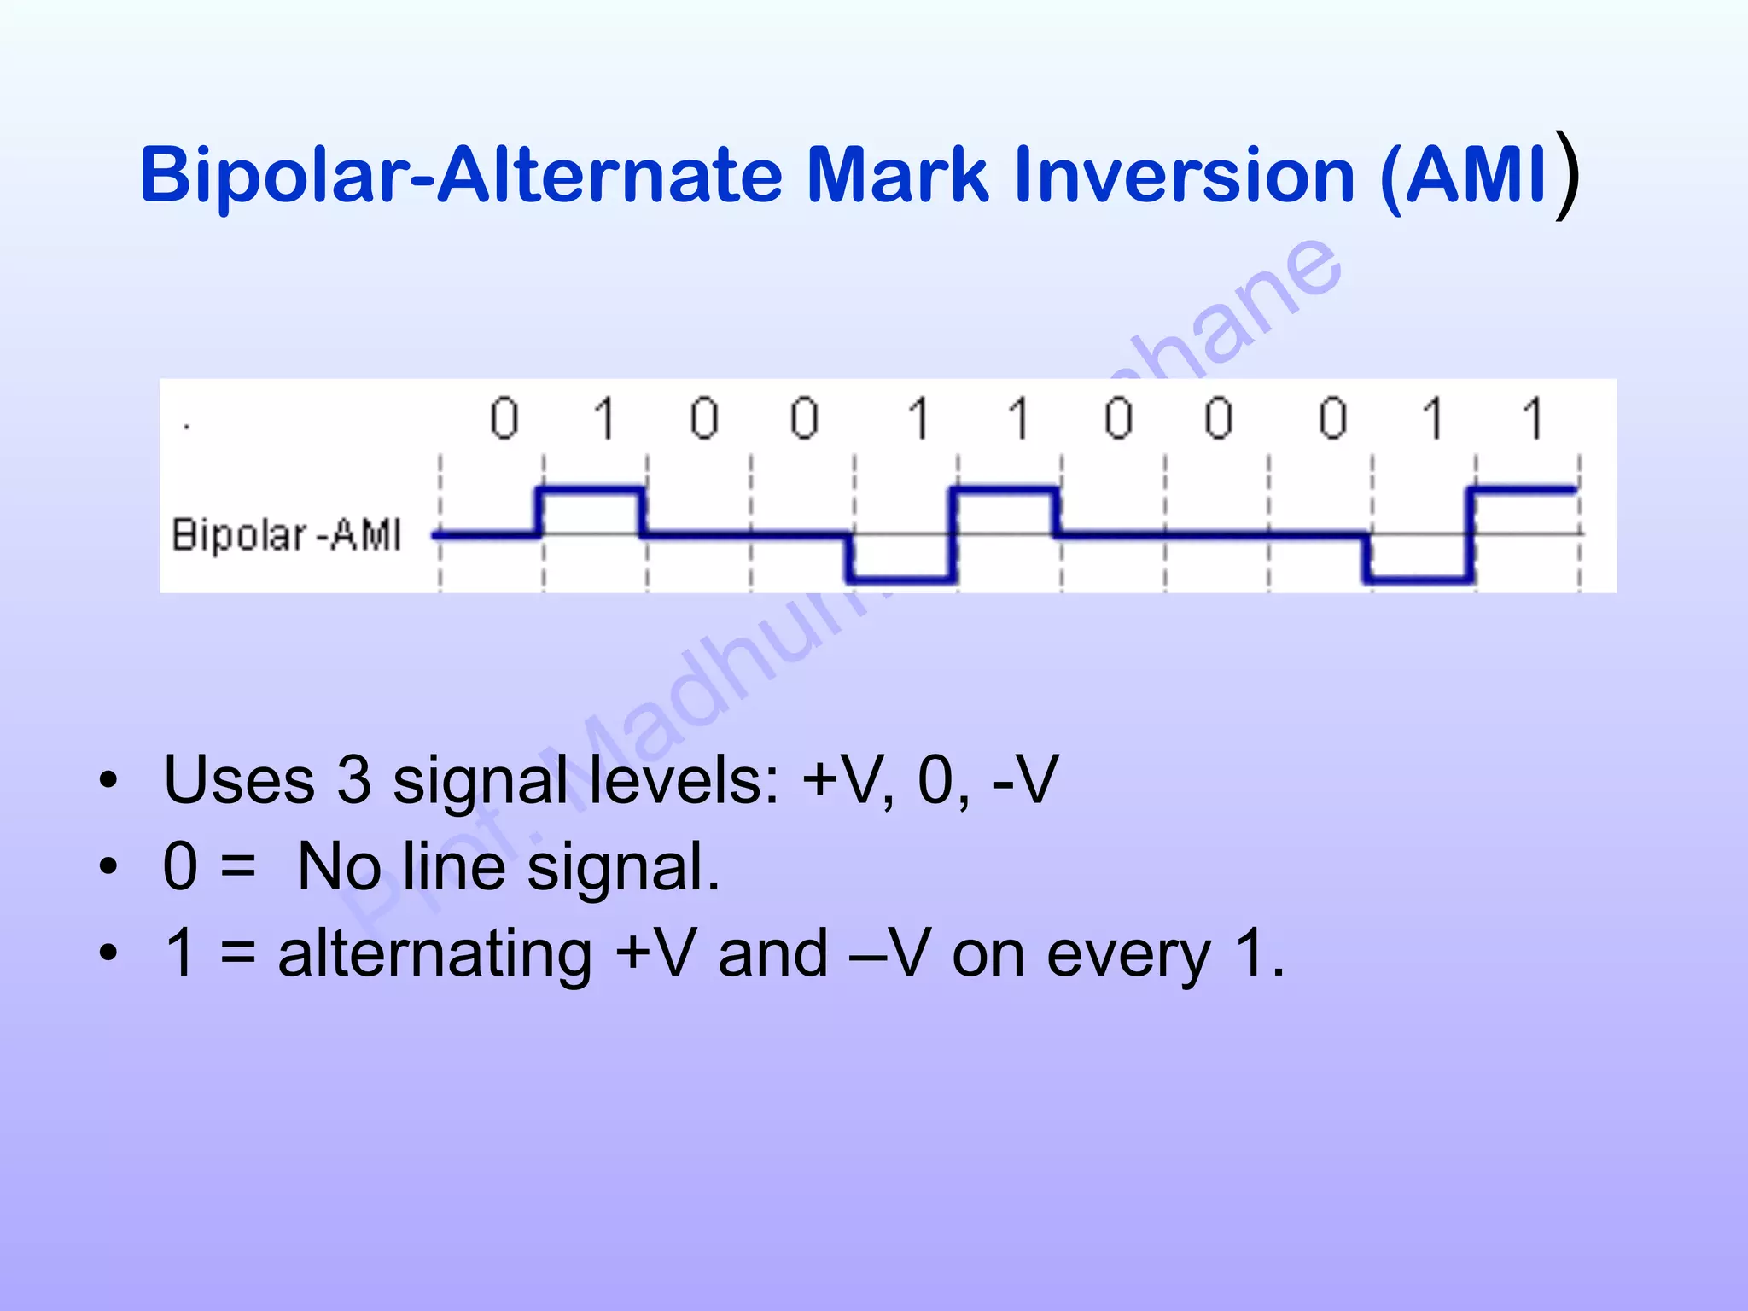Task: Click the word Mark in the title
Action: [x=897, y=175]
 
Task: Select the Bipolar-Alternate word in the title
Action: [x=461, y=175]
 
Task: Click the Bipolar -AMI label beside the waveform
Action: [x=287, y=535]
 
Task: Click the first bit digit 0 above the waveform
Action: [x=504, y=418]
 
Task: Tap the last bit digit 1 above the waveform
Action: [x=1534, y=418]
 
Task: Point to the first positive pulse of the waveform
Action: [x=591, y=490]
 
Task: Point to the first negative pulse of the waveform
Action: [x=901, y=580]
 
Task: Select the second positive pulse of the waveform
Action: [x=1005, y=490]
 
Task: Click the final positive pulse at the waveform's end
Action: [x=1524, y=490]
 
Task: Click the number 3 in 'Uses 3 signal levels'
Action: [x=354, y=779]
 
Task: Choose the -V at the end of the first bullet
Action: [x=1024, y=779]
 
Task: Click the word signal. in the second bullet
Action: [x=623, y=867]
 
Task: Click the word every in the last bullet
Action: [x=1128, y=956]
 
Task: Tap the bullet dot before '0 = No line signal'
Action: [x=108, y=867]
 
